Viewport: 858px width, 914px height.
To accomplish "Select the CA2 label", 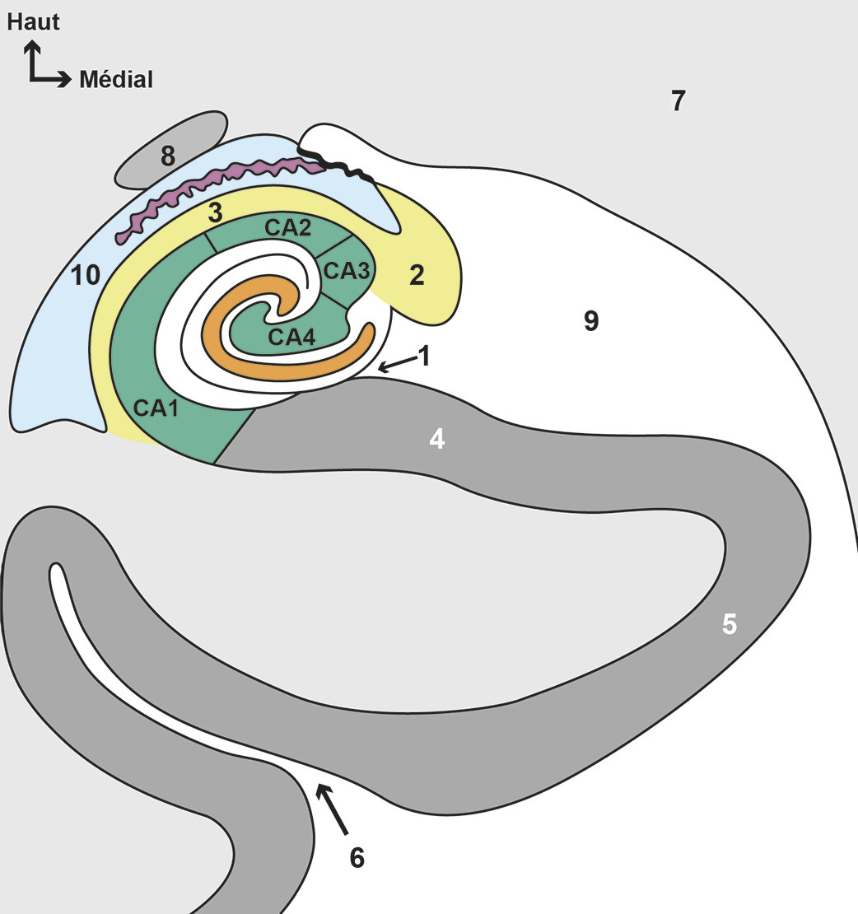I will (x=287, y=226).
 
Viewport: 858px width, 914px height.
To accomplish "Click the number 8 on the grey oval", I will (x=168, y=156).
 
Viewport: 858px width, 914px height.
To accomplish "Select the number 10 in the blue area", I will (x=85, y=275).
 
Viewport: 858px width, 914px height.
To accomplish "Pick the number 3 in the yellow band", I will (x=216, y=212).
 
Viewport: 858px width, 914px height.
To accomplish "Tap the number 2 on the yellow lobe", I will (x=417, y=275).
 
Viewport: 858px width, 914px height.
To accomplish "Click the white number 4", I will (x=437, y=439).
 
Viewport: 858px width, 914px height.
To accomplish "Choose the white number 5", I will (x=729, y=624).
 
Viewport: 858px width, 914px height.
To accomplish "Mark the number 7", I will (x=678, y=101).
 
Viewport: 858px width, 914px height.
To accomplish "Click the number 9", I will (x=590, y=321).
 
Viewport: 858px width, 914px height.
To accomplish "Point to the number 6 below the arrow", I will (x=357, y=857).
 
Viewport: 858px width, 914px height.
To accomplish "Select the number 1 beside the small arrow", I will (x=424, y=356).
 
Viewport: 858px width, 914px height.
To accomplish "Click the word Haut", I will (x=33, y=21).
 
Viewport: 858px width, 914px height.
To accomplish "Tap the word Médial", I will (x=116, y=80).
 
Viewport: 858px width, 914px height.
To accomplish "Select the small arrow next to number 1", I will (x=395, y=365).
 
